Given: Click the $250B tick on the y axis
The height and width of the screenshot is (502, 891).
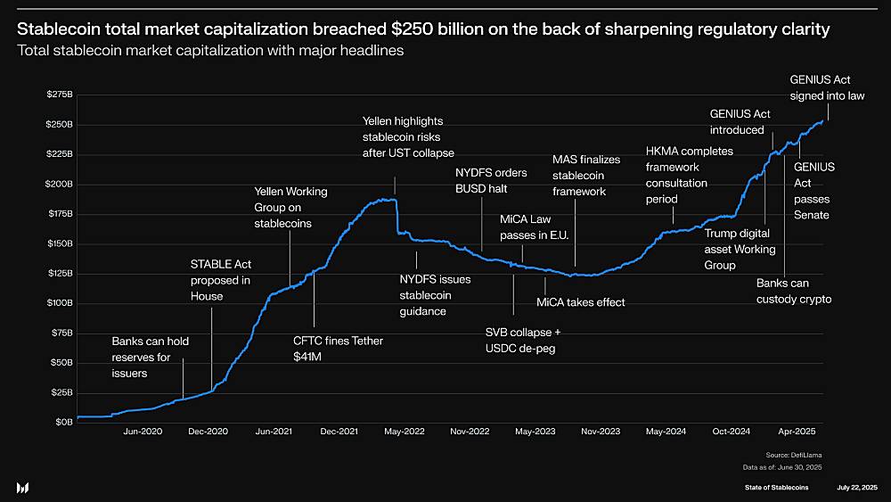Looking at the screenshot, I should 60,124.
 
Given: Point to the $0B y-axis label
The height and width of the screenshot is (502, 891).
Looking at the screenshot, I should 63,422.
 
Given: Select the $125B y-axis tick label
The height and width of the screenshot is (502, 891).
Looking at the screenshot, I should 60,273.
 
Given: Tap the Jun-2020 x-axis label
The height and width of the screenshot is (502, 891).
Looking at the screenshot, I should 143,432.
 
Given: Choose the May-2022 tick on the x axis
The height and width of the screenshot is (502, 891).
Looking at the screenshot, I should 404,432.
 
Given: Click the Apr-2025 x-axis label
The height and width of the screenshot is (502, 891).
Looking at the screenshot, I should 798,432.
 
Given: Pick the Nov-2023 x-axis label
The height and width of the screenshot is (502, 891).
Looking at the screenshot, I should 601,432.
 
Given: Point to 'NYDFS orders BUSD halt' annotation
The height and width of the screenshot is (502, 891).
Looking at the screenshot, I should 491,180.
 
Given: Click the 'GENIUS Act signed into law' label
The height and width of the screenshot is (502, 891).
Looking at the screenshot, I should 826,87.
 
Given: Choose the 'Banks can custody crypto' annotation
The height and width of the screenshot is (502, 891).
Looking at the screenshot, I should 793,291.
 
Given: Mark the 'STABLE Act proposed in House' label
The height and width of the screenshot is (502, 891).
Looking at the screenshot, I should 221,280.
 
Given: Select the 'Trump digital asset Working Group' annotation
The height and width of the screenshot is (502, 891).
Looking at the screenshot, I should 739,250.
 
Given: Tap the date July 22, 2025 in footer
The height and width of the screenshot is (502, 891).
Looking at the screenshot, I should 857,488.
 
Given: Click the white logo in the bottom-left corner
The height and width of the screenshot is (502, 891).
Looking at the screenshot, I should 23,487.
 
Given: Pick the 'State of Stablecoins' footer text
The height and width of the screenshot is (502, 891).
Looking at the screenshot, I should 777,488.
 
